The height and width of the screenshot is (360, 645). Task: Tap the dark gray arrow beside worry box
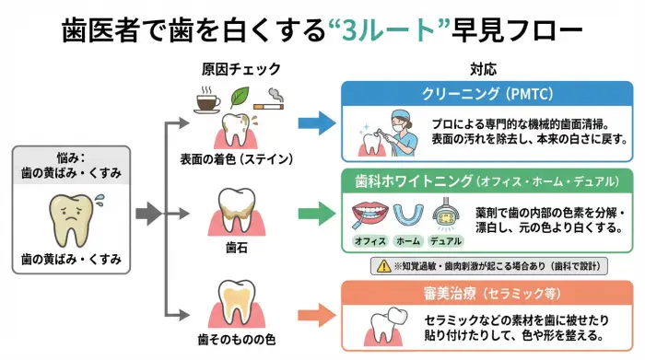[x=147, y=216]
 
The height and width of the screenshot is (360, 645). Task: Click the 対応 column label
[x=484, y=70]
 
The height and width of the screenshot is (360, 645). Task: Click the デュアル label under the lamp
[x=445, y=241]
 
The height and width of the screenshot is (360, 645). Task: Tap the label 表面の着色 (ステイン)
[x=237, y=158]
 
